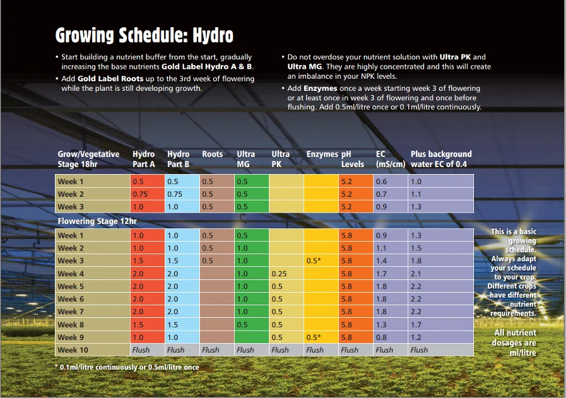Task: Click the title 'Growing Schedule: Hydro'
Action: [144, 35]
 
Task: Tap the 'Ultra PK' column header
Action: [280, 159]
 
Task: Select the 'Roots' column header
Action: [212, 154]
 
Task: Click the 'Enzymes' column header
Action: [322, 154]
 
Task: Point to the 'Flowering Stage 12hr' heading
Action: [97, 221]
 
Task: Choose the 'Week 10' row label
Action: [73, 350]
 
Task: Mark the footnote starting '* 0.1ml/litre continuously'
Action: [127, 367]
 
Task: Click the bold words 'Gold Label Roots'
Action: [110, 79]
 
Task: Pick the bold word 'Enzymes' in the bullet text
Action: [320, 88]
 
